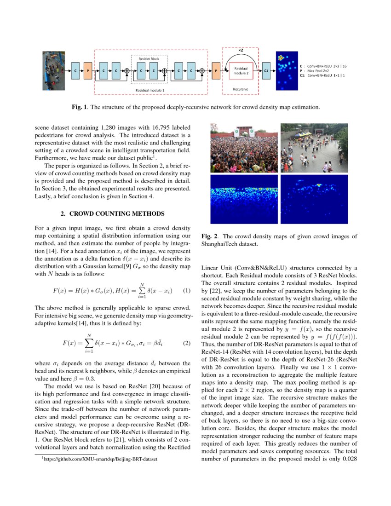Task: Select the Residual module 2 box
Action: coord(241,71)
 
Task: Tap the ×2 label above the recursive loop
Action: coord(240,49)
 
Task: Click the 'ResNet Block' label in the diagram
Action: coord(149,58)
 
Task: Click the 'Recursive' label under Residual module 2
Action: coord(240,88)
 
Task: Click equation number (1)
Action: coord(186,291)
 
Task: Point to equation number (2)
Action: coord(186,343)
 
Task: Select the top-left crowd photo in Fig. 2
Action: coord(243,148)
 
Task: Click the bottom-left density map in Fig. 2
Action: coord(243,199)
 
